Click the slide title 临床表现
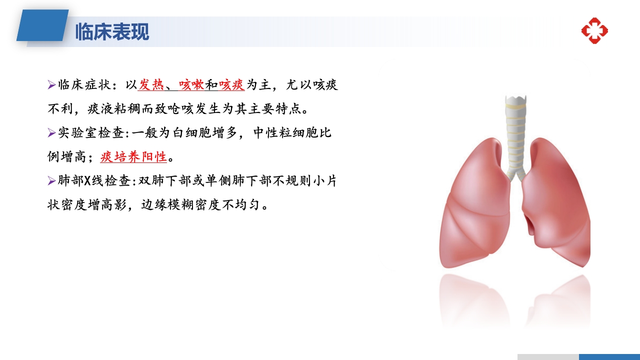click(x=112, y=32)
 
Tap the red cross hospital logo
click(x=594, y=30)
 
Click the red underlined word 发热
click(x=151, y=85)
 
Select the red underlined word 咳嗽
click(x=191, y=85)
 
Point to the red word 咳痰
click(x=231, y=85)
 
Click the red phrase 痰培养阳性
click(x=133, y=157)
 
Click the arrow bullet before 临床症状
click(x=51, y=85)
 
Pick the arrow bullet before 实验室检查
click(x=51, y=133)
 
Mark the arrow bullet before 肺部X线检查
click(x=51, y=181)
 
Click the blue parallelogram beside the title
click(x=42, y=25)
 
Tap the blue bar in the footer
click(x=609, y=356)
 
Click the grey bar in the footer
click(x=548, y=356)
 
